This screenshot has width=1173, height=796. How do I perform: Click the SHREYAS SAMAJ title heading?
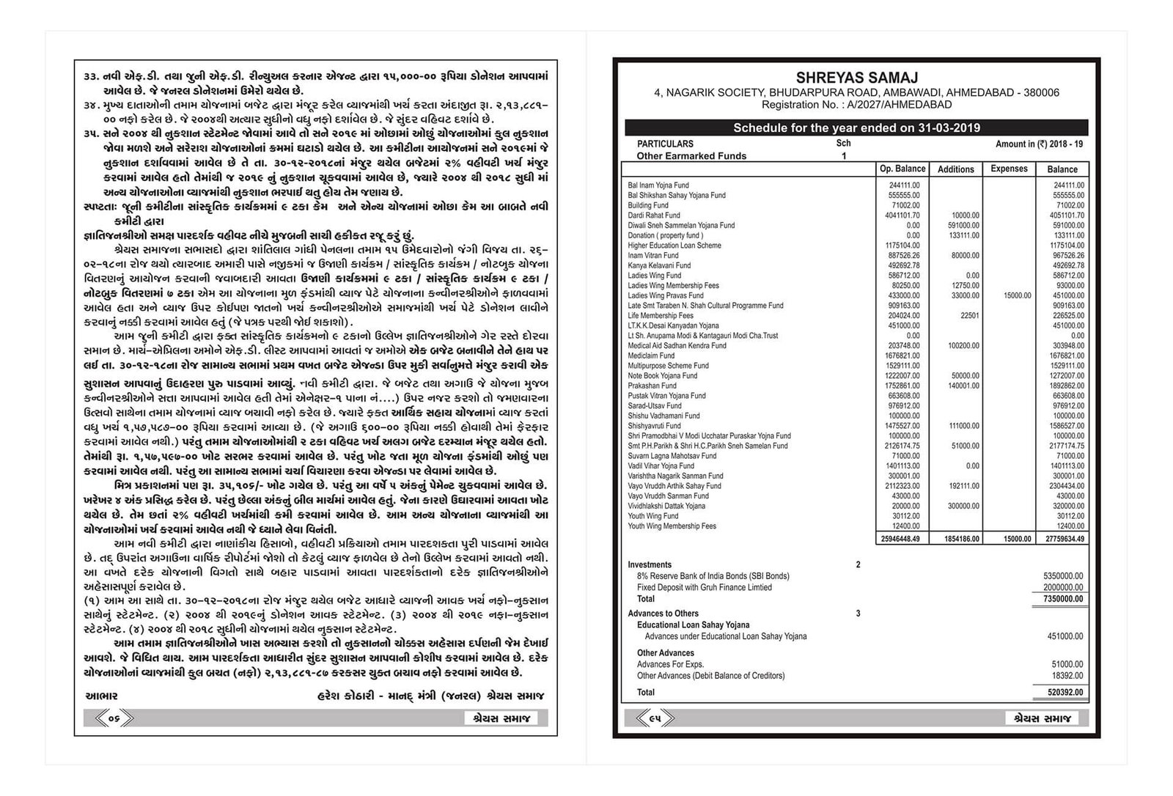pos(856,78)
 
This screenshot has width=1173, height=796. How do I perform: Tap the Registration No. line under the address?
pos(856,105)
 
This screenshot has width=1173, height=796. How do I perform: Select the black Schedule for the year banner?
pos(856,128)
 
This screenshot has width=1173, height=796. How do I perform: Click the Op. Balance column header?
pos(902,169)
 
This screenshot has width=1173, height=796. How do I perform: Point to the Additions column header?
pos(956,169)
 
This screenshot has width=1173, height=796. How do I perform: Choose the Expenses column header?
pos(1009,169)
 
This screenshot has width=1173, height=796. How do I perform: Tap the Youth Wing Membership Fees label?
pos(672,526)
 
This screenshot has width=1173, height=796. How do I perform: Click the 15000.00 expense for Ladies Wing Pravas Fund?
pos(1017,296)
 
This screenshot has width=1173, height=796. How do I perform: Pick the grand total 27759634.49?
pos(1062,539)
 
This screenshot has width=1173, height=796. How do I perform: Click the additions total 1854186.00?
pos(957,539)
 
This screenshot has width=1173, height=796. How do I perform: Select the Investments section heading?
pos(650,565)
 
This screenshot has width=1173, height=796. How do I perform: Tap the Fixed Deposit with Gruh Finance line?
pos(704,588)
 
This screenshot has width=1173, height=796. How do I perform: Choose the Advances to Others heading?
pos(663,613)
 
